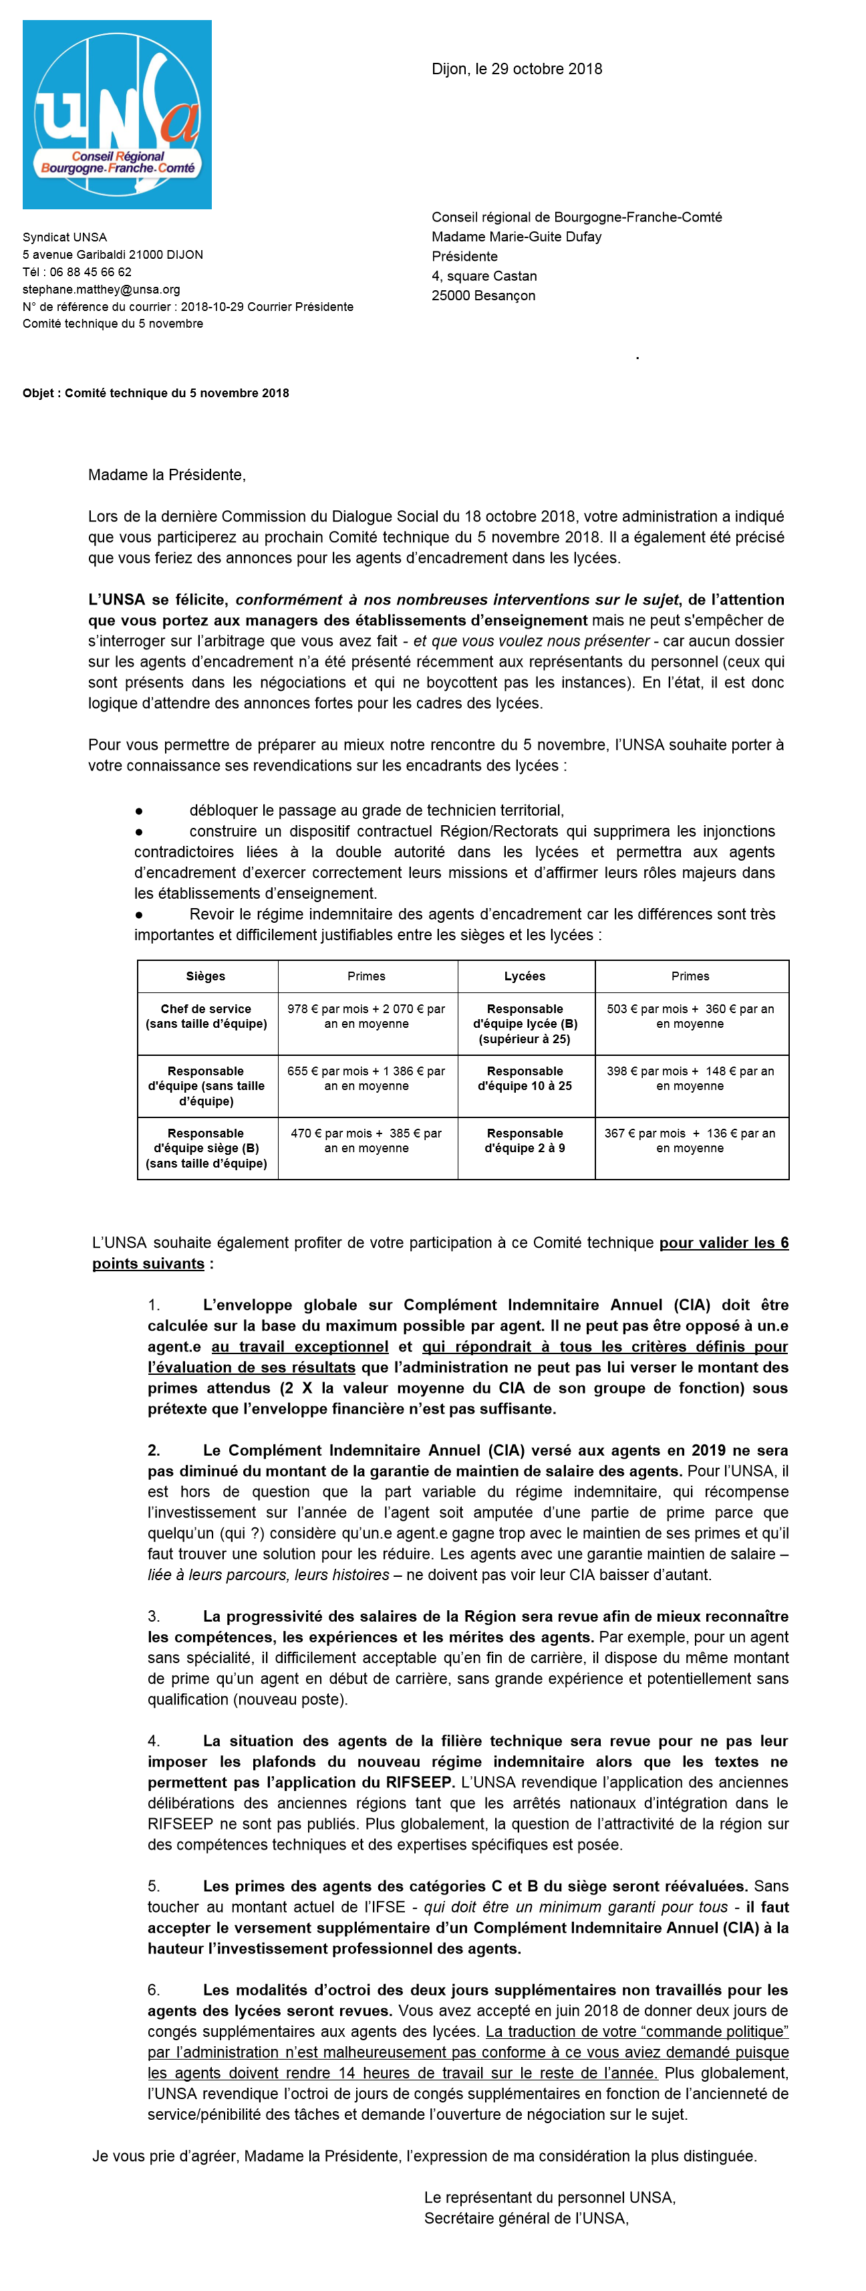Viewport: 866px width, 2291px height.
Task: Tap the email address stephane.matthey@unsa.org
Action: tap(102, 289)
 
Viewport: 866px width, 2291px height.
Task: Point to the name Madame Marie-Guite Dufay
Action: tap(517, 237)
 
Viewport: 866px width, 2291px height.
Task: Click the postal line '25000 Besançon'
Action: tap(484, 296)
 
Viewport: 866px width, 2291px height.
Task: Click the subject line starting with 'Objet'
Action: tap(156, 393)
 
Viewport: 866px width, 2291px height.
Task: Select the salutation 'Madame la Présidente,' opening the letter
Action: tap(166, 475)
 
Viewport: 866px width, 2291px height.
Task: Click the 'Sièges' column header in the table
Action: tap(205, 976)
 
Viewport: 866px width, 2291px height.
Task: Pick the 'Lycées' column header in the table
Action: tap(525, 976)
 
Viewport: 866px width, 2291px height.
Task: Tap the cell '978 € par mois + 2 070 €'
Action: tap(366, 1016)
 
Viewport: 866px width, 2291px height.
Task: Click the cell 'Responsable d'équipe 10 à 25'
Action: tap(525, 1079)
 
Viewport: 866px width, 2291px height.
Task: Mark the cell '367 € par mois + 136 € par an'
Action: tap(690, 1141)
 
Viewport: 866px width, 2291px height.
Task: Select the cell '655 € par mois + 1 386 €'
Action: tap(366, 1079)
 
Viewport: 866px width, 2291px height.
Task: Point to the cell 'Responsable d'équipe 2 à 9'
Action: tap(525, 1141)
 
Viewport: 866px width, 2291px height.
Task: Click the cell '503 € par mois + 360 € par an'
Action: tap(690, 1016)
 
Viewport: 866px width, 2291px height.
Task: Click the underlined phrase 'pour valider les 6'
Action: tap(724, 1243)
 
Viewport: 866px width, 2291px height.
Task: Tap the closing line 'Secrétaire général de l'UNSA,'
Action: tap(527, 2218)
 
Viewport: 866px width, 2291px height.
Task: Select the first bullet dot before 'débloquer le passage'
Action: tap(139, 811)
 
